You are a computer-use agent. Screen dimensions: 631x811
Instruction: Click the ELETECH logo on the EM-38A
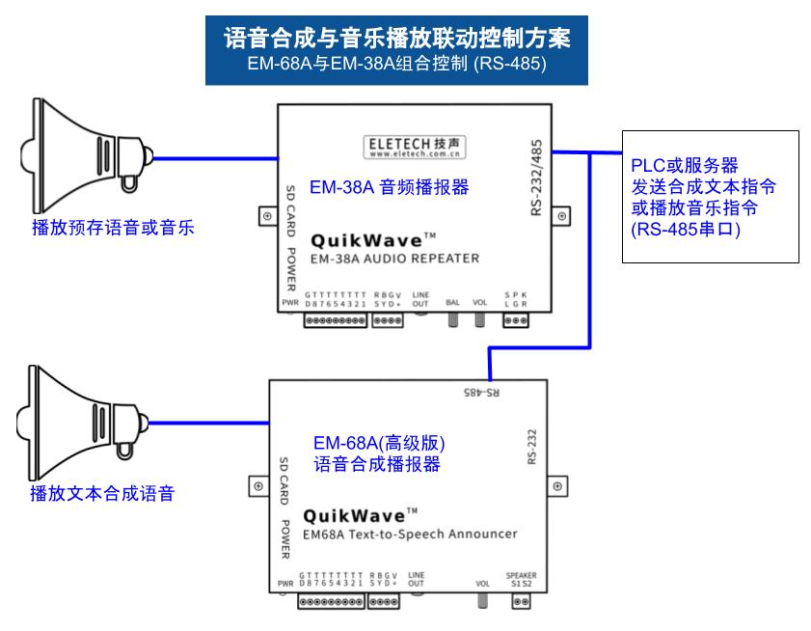(x=415, y=147)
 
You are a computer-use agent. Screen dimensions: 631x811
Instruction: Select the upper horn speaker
(x=88, y=152)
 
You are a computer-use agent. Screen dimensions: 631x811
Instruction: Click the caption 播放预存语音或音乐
(x=113, y=229)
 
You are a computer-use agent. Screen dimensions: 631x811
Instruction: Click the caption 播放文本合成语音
(x=102, y=494)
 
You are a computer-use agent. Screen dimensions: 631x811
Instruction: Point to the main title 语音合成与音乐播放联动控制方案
(x=396, y=38)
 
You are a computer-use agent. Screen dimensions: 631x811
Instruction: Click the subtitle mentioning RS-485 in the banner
(x=396, y=66)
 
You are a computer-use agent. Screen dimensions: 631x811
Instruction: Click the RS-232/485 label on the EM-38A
(x=536, y=178)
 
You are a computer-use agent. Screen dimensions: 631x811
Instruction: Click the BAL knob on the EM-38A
(x=451, y=317)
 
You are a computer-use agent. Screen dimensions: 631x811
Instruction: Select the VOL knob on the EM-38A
(x=479, y=317)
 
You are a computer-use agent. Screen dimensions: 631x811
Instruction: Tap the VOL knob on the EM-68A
(x=482, y=600)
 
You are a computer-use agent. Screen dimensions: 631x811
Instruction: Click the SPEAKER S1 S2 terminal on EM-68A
(x=521, y=601)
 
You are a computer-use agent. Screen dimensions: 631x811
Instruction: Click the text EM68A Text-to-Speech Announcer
(x=410, y=534)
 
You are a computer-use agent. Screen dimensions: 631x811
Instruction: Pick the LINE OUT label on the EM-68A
(x=416, y=580)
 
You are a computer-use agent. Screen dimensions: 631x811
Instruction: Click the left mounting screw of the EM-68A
(x=257, y=487)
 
